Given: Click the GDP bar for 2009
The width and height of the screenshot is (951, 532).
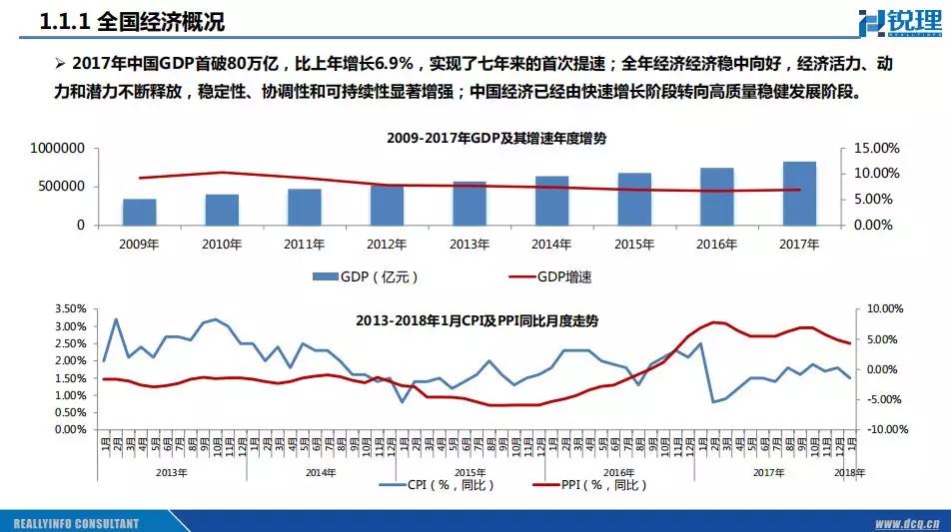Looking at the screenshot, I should [x=139, y=212].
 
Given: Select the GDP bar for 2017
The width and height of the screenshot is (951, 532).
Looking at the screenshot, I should [x=799, y=194].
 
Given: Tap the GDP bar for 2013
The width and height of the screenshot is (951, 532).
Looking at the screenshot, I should [x=470, y=204].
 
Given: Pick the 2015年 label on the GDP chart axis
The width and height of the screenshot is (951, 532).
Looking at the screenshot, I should [x=634, y=244].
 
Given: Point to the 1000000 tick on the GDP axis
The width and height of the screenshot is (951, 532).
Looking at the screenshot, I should [x=57, y=148].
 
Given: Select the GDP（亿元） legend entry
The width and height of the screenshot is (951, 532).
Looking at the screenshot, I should [x=365, y=276].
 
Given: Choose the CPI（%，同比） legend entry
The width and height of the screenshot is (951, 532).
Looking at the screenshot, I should [x=438, y=485].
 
